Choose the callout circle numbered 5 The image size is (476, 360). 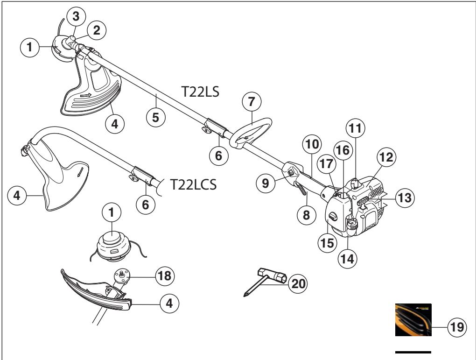[x=156, y=117]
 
